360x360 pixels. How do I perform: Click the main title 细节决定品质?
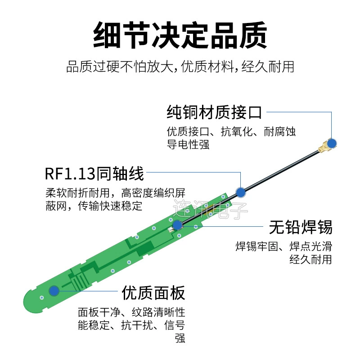[180, 35]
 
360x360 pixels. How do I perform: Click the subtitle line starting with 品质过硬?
[180, 67]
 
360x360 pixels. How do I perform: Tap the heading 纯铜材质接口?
[214, 112]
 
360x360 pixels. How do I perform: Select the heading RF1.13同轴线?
[94, 174]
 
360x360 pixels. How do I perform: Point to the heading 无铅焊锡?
[301, 227]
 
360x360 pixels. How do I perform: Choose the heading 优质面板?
[153, 293]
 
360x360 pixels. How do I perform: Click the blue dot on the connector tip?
[332, 144]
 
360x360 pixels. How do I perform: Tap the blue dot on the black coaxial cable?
[241, 193]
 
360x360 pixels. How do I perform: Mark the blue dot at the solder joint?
[177, 225]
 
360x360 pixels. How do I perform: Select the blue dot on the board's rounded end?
[54, 291]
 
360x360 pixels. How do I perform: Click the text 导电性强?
[188, 145]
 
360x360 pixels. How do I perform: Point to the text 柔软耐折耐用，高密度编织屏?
[115, 193]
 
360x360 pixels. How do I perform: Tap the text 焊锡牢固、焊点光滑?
[284, 246]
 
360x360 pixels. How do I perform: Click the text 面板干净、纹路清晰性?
[131, 312]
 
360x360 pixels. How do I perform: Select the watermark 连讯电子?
[210, 209]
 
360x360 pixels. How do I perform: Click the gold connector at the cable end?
[324, 146]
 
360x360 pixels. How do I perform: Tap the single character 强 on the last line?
[180, 338]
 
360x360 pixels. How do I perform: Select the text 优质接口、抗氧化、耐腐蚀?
[231, 132]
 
